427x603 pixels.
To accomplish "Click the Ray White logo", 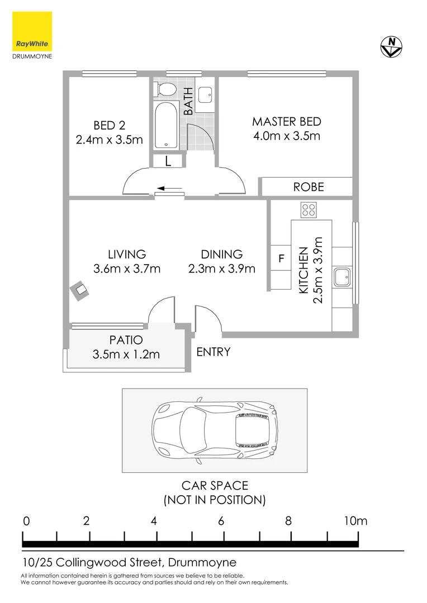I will point(32,32).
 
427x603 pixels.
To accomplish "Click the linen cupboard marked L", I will point(168,161).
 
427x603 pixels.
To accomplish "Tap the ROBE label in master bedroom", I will point(309,187).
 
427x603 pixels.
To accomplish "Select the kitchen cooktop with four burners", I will point(309,210).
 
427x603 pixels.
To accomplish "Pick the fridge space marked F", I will point(282,260).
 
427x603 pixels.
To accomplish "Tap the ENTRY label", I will point(214,352).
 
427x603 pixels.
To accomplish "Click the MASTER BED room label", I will point(286,121).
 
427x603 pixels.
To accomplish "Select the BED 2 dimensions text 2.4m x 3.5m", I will point(109,140).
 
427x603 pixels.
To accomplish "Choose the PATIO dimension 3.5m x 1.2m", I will point(126,354).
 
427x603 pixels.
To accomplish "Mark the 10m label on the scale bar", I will point(355,521).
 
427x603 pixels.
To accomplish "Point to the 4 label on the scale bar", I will point(154,521).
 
